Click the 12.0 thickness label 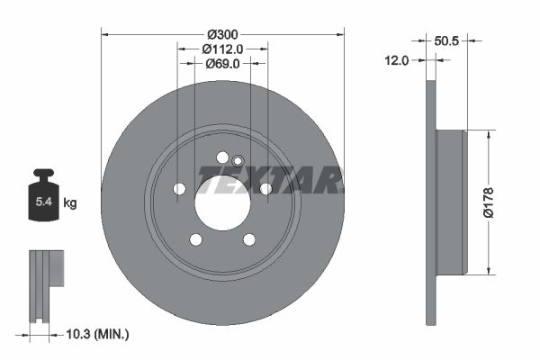397,60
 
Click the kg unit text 70,203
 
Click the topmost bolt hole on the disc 222,157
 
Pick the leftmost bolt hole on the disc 179,189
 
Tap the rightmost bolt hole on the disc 265,188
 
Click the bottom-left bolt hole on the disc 195,239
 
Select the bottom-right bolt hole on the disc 249,239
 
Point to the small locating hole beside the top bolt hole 238,162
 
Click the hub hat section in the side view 451,202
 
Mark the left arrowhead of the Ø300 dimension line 104,34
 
